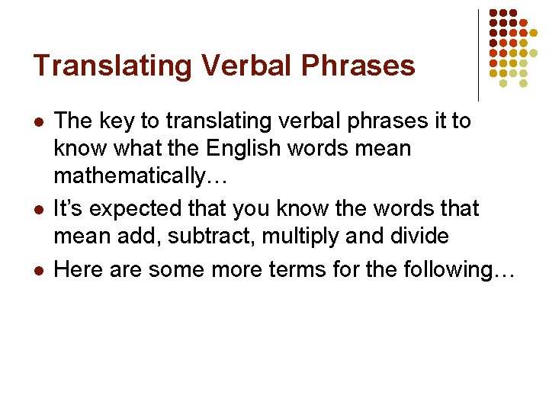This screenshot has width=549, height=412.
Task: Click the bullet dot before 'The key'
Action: pos(38,122)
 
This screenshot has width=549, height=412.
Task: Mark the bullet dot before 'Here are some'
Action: pos(38,269)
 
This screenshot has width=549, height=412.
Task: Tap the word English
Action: pos(262,147)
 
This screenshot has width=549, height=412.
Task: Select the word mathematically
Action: pos(130,176)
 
